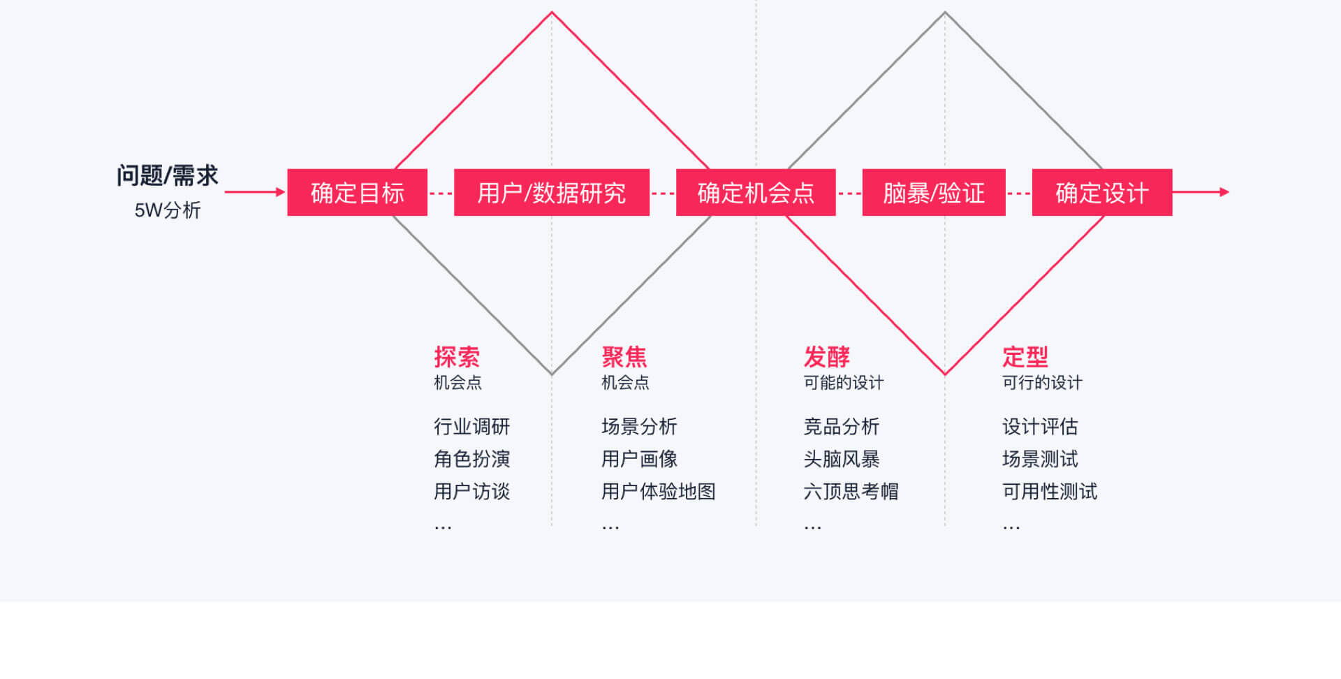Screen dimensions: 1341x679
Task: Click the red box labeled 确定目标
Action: point(357,192)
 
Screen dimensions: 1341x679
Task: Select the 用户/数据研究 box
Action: point(552,192)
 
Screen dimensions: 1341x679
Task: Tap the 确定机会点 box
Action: point(756,192)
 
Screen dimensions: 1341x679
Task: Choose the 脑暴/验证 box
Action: point(934,192)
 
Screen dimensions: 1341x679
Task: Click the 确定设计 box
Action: point(1102,192)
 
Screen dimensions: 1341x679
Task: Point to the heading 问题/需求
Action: point(168,175)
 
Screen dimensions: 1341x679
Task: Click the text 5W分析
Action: point(168,210)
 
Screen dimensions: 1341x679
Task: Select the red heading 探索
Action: point(457,357)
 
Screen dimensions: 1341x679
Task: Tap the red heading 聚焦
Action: point(624,357)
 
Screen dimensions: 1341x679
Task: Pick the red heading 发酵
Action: point(827,357)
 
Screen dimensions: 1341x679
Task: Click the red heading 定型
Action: point(1025,357)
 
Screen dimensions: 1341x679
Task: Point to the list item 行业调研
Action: point(472,426)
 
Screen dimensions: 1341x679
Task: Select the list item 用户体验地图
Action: point(659,491)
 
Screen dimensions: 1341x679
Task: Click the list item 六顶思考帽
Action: point(851,491)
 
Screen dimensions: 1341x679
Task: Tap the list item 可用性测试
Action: point(1050,491)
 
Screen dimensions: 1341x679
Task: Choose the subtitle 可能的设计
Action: point(844,383)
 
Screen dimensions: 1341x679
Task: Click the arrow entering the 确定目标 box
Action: point(255,191)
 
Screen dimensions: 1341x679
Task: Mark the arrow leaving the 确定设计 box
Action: point(1201,191)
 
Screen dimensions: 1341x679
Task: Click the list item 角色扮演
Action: point(472,459)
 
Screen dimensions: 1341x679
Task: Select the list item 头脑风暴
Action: point(842,459)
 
